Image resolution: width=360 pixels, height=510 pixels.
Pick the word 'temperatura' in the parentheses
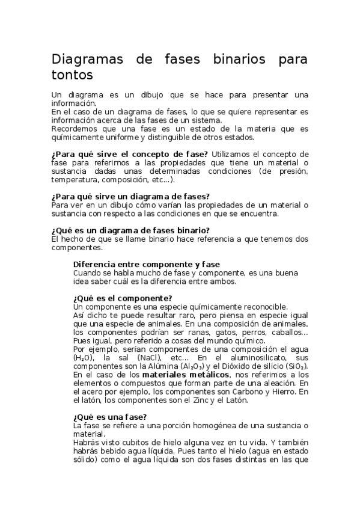[75, 179]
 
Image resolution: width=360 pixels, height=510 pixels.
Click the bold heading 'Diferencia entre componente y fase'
[146, 264]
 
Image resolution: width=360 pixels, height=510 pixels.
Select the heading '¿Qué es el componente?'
[123, 298]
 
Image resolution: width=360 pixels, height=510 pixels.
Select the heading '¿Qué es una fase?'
[110, 416]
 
